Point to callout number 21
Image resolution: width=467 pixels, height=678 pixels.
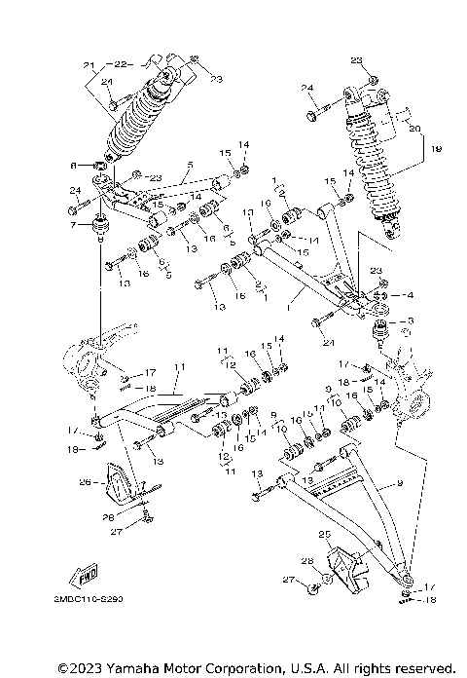[88, 65]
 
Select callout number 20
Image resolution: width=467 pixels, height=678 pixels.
[416, 128]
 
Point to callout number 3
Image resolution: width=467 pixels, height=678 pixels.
[410, 320]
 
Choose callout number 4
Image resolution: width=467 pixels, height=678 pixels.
[411, 293]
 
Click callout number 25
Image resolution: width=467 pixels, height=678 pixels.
[325, 535]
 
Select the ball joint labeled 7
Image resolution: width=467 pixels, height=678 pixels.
[98, 231]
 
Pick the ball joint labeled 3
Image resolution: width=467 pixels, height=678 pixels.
[379, 329]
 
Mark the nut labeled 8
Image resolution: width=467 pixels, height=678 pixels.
[100, 166]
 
